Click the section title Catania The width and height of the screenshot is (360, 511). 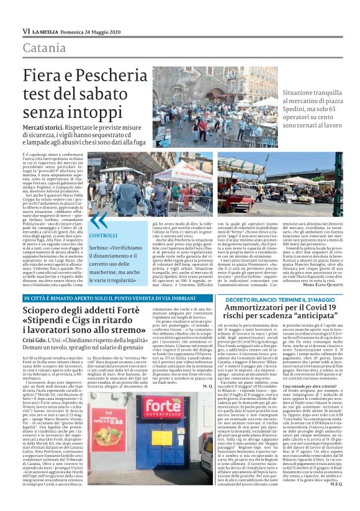[x=44, y=48]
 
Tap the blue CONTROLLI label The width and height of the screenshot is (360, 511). [x=99, y=236]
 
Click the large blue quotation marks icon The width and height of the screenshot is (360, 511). [x=97, y=220]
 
